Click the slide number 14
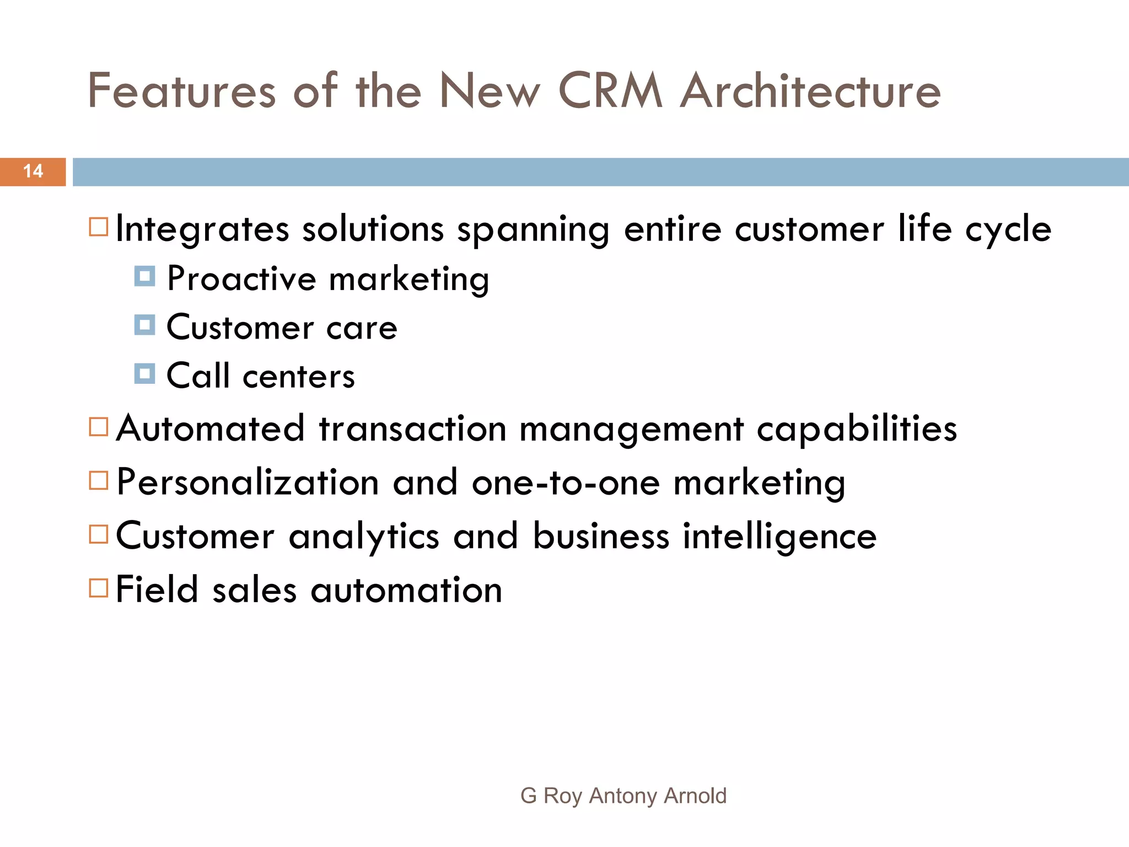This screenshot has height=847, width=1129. [33, 171]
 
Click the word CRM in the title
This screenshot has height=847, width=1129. [610, 90]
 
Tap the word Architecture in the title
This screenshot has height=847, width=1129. [810, 90]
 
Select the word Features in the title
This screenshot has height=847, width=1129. [181, 90]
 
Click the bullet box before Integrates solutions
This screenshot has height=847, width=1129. [99, 227]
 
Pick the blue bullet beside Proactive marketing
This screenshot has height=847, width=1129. [144, 276]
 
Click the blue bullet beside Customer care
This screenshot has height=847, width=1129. [144, 325]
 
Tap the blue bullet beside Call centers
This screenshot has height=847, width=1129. [144, 373]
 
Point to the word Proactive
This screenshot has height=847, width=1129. [241, 278]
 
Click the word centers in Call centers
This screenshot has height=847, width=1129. [299, 377]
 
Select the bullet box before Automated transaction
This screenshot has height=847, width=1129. [99, 427]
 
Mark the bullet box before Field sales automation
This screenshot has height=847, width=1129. [99, 588]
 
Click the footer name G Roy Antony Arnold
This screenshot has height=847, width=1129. [623, 796]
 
